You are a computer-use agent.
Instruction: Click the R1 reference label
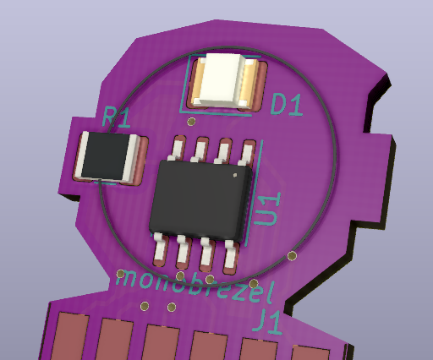tap(116, 117)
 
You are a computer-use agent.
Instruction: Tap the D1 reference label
tap(287, 105)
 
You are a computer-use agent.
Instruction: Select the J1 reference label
tap(272, 321)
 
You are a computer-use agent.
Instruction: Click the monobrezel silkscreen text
tap(195, 289)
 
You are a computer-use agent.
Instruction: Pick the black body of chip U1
tap(201, 199)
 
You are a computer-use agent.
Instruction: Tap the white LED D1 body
tap(222, 79)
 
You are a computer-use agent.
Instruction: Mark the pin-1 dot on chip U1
tap(236, 176)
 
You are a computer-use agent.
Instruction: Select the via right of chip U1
tap(292, 255)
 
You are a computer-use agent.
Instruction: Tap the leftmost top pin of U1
tap(177, 150)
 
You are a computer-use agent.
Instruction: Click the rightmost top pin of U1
tap(247, 154)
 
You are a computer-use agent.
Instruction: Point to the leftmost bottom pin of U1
tap(160, 248)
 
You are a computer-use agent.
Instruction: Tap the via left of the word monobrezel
tap(121, 274)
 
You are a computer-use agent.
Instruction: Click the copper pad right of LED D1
tap(249, 84)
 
